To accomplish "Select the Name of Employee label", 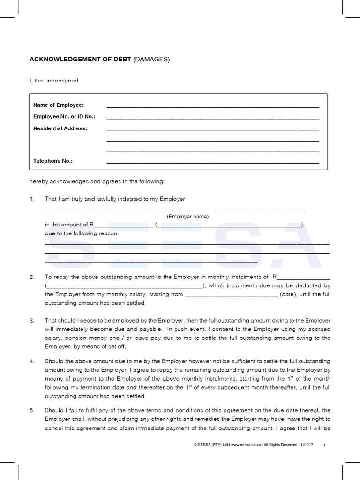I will click(x=58, y=105).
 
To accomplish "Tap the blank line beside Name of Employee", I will click(x=213, y=106).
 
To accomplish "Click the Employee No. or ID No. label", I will click(x=64, y=116).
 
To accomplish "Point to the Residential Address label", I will click(x=60, y=128).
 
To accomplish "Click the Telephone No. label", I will click(x=53, y=161).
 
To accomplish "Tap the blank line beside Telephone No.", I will click(x=213, y=162).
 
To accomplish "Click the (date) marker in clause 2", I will click(x=287, y=294).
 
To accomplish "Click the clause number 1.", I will click(x=32, y=199).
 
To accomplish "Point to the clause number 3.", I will click(x=32, y=321).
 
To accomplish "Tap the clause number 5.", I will click(x=32, y=410).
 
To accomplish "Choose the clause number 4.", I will click(x=32, y=361).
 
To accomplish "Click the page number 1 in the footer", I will click(x=325, y=445).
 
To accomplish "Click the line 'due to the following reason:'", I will click(x=82, y=233).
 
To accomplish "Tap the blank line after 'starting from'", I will click(x=232, y=295).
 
